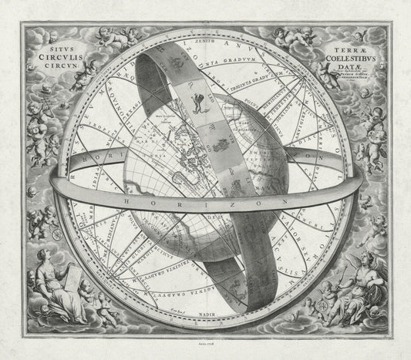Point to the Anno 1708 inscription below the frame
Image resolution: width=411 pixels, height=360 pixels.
tap(207, 348)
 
